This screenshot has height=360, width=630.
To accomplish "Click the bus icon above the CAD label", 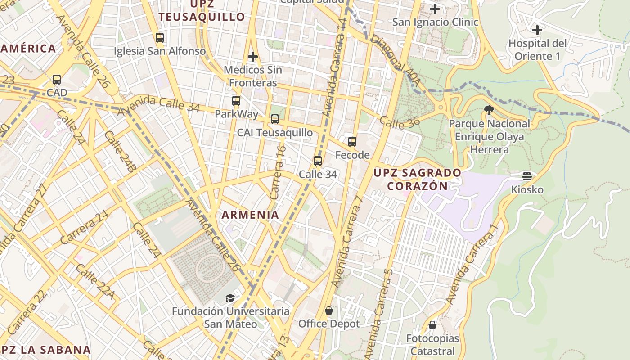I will point(57,80).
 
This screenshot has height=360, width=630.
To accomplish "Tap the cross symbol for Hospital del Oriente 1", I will point(537,30).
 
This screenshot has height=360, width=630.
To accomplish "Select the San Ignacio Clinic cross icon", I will point(435,9).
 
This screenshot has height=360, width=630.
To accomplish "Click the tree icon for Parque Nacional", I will point(489,110).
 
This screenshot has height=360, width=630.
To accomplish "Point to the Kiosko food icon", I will point(527,176).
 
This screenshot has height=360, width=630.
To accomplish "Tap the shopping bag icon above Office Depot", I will point(329,310).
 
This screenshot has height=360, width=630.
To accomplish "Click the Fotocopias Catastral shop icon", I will point(432,324).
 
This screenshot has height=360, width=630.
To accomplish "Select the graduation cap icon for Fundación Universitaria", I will point(230,298).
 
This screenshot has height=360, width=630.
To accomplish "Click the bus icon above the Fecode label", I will point(352,142).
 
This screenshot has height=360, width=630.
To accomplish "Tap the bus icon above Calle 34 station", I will point(318,161).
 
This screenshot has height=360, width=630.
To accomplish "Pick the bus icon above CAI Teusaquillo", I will point(275,119).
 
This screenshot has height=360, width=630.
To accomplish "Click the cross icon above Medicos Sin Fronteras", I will point(253,57).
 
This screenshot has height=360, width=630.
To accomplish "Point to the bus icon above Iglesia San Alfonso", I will point(159,38).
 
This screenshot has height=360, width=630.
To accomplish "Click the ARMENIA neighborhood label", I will point(250,215).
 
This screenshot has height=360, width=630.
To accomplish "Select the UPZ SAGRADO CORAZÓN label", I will point(418,179).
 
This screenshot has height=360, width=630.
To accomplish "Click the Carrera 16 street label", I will point(278,172).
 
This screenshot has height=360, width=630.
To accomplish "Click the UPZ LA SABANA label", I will point(45,350).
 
